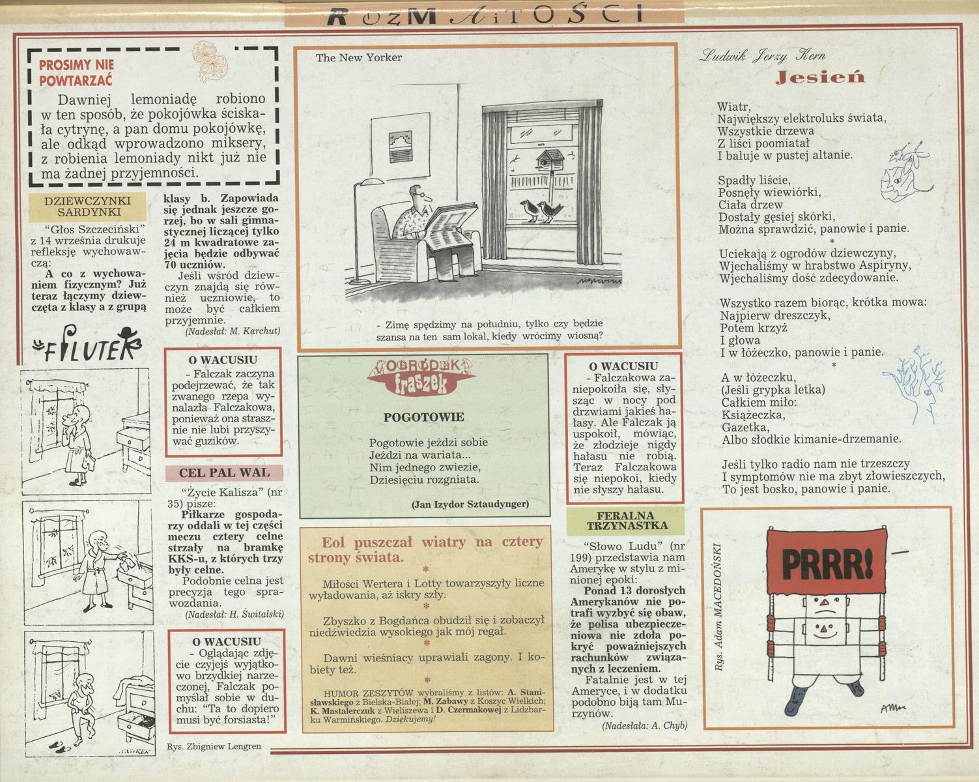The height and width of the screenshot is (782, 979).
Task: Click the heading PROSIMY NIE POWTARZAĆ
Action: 76,72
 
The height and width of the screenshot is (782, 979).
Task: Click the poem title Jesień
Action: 821,78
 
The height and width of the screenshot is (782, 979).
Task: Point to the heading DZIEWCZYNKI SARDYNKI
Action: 88,206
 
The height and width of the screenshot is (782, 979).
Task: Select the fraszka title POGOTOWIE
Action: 423,417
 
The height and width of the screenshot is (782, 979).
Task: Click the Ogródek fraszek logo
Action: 422,377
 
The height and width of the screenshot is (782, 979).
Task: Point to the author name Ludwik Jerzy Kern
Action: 762,56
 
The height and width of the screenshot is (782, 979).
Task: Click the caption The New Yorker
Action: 359,58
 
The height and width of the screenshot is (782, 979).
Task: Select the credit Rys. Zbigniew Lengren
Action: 214,747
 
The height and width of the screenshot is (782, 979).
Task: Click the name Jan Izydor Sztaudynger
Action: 470,504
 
